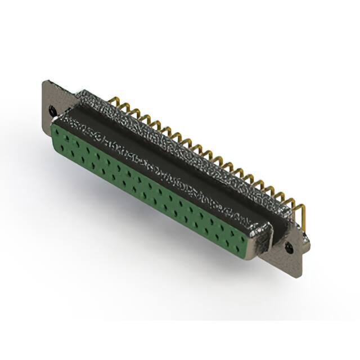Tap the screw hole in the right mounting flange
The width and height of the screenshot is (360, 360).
tap(291, 246)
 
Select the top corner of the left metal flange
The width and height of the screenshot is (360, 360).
tap(45, 82)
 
